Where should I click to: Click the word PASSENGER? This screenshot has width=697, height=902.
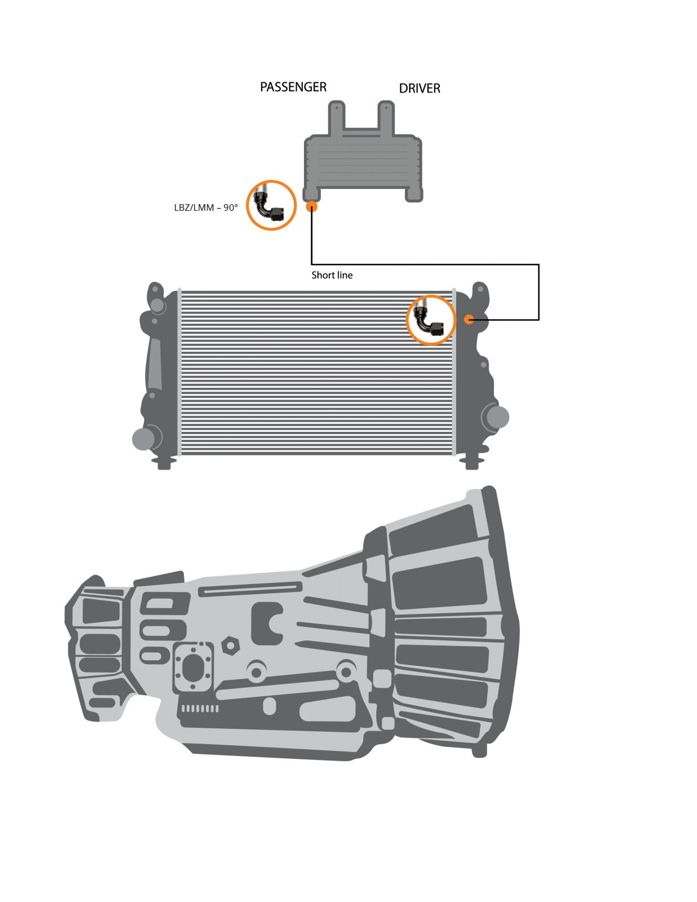(293, 87)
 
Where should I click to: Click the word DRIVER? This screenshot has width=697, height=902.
(419, 89)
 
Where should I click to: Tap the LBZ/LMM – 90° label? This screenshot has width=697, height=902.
(206, 207)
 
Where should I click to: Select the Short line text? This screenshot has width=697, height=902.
(332, 275)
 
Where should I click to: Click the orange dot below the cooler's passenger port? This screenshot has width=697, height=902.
(311, 207)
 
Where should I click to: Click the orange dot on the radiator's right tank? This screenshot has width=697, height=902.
(469, 320)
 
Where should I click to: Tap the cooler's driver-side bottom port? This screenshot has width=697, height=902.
(414, 195)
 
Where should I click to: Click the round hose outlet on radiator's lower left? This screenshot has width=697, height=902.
(143, 439)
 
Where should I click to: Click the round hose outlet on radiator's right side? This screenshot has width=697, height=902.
(497, 417)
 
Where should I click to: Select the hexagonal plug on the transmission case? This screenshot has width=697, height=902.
(230, 645)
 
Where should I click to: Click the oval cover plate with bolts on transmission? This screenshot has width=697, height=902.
(193, 668)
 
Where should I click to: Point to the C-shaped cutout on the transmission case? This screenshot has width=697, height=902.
(268, 623)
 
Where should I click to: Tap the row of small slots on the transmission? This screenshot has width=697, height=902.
(199, 709)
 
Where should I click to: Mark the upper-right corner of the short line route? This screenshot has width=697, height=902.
(539, 264)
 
